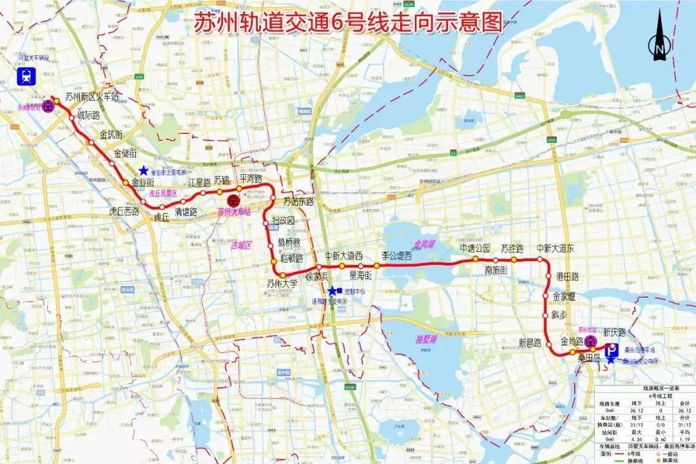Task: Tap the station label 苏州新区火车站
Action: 92,97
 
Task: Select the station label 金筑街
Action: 111,135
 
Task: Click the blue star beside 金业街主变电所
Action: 142,169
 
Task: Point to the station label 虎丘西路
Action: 124,210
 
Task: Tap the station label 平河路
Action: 251,178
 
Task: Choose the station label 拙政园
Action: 283,221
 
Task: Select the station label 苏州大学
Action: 282,282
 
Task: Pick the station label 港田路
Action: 567,276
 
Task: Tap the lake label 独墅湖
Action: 427,339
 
